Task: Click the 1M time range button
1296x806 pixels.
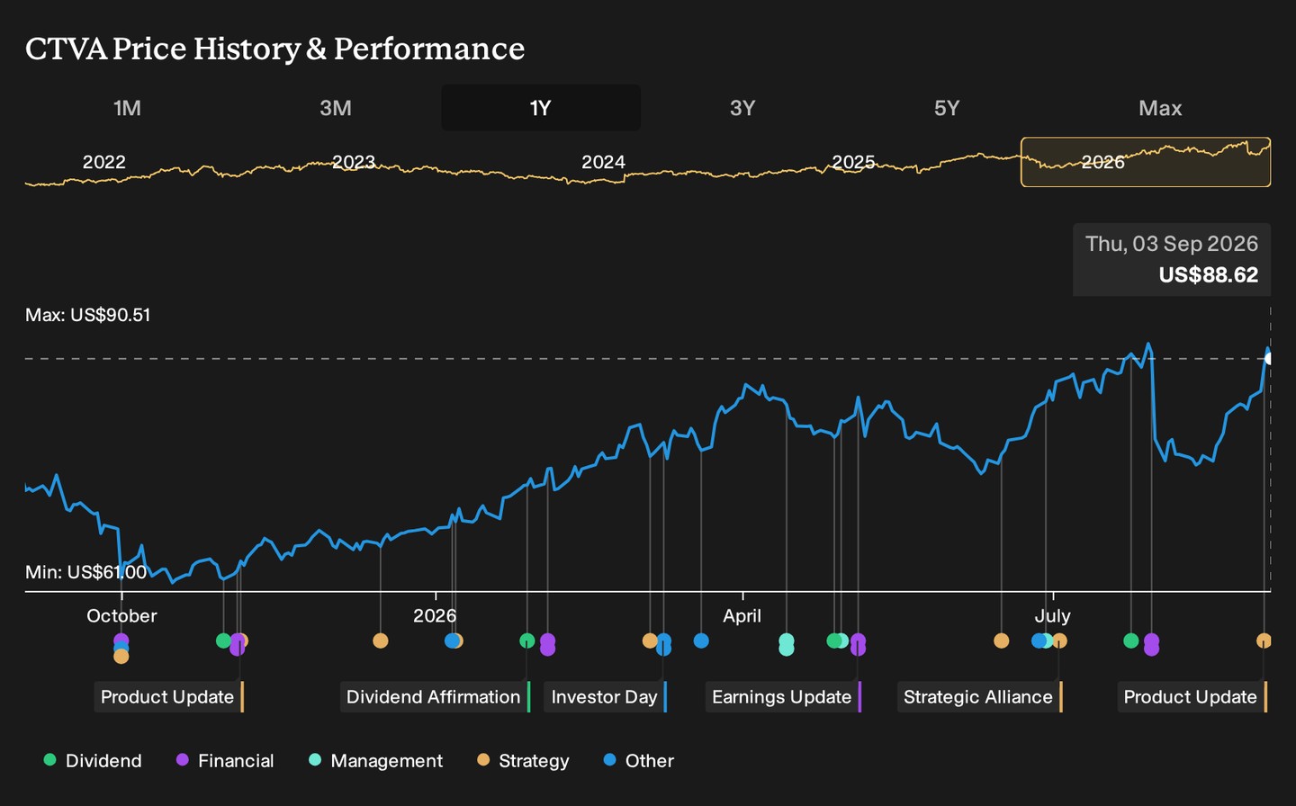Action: click(x=127, y=108)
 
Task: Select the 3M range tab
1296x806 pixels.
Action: click(x=336, y=108)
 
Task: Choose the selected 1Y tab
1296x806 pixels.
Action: click(x=540, y=108)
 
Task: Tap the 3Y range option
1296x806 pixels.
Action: click(x=742, y=108)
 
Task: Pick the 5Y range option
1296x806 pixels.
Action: click(x=947, y=108)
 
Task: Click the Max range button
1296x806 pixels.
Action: click(x=1160, y=108)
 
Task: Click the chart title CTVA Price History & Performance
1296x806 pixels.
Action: click(x=274, y=49)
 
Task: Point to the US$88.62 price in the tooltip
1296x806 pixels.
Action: click(x=1208, y=274)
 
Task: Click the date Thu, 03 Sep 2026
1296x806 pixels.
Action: click(x=1172, y=244)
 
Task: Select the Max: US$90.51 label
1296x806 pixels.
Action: click(x=88, y=315)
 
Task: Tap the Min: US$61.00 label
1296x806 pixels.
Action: click(x=85, y=572)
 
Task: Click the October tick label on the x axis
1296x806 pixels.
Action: click(x=121, y=616)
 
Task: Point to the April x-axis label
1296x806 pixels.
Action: click(x=742, y=616)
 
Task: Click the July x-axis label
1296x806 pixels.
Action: click(x=1052, y=616)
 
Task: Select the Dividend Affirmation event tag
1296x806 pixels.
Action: click(x=435, y=697)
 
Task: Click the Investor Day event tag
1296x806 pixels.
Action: click(x=605, y=697)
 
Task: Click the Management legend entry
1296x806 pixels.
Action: click(x=376, y=760)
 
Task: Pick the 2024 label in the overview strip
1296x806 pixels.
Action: click(x=603, y=162)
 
